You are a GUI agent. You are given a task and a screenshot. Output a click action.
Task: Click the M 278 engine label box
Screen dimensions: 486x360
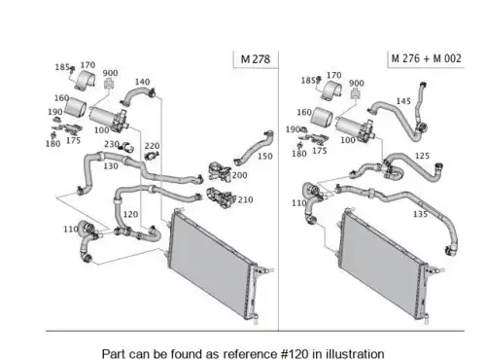click(256, 59)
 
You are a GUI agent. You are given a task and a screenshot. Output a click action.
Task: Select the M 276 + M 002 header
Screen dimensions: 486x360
click(426, 58)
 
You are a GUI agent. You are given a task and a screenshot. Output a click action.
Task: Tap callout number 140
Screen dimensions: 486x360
click(142, 82)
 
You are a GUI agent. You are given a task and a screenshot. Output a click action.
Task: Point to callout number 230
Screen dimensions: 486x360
click(112, 144)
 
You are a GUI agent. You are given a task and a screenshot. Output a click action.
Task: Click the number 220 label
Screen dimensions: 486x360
click(152, 146)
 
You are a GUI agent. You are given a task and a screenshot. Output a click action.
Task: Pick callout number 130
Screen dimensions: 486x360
click(111, 166)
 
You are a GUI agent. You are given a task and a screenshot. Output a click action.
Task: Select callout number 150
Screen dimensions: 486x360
click(265, 157)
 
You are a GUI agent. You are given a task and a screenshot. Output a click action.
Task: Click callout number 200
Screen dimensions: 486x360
click(239, 175)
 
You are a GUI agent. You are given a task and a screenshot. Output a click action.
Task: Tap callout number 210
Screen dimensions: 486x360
click(245, 199)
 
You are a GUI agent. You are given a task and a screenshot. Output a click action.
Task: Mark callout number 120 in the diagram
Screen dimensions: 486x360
click(130, 214)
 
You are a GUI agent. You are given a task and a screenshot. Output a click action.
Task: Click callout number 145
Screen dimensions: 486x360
click(403, 101)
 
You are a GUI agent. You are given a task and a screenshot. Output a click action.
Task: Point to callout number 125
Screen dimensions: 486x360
click(422, 156)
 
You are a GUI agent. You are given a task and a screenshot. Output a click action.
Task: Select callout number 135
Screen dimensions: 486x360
click(420, 214)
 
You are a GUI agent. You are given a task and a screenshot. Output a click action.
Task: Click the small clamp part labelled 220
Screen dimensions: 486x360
click(152, 156)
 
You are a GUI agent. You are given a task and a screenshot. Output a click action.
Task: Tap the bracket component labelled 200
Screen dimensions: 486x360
click(220, 172)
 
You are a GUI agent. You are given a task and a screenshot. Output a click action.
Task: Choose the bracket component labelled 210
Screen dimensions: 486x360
click(220, 197)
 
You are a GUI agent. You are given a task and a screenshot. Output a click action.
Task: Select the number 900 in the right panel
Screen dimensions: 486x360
click(357, 84)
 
